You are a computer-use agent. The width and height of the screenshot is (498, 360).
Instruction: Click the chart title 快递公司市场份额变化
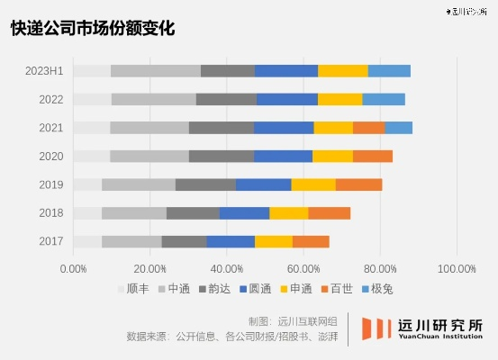[93, 28]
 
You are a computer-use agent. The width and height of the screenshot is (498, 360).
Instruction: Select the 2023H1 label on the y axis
[44, 71]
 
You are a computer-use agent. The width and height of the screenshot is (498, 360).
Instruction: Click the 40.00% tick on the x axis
[226, 268]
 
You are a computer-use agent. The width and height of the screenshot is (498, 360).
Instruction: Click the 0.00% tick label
[73, 268]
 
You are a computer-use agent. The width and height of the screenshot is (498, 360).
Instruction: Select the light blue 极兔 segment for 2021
[398, 128]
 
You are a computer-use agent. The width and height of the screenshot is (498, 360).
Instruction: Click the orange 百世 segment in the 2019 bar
[358, 184]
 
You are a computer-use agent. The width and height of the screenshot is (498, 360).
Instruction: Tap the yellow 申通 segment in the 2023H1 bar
[342, 71]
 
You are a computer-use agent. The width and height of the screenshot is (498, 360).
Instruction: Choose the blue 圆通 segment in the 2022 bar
[286, 99]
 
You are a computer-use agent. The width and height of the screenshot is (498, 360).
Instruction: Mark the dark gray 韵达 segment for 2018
[193, 212]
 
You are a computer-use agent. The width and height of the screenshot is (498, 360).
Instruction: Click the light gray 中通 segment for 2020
[149, 156]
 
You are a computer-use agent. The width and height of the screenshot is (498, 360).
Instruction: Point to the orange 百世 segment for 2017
[311, 241]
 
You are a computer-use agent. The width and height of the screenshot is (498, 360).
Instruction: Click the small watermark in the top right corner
[467, 12]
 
